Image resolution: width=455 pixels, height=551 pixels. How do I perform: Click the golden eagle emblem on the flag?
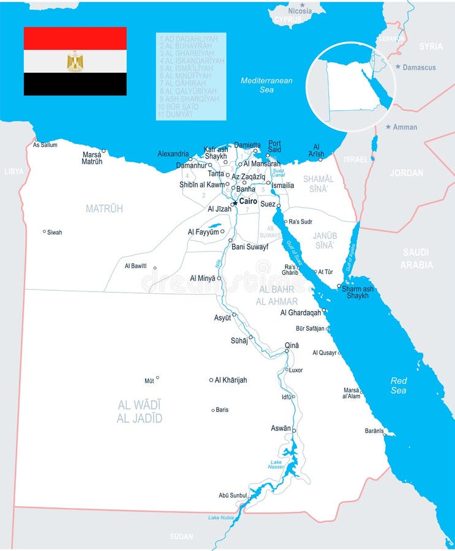click(75, 61)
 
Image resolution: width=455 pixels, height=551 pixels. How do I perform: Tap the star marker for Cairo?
click(234, 203)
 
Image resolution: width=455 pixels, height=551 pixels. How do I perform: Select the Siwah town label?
click(55, 232)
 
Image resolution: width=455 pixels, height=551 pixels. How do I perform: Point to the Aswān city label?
click(281, 428)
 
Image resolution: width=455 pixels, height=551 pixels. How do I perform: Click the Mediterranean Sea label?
click(266, 84)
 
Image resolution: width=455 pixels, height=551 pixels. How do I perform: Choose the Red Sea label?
click(399, 385)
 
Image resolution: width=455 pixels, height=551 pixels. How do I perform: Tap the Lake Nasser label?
click(276, 464)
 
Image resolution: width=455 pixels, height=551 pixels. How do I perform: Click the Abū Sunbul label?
click(232, 495)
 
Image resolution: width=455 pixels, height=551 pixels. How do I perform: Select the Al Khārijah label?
click(231, 380)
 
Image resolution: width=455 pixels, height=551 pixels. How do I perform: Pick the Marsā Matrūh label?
click(92, 158)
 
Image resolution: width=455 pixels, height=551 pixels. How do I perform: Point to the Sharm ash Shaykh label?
click(358, 292)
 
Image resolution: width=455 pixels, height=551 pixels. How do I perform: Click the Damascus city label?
click(419, 67)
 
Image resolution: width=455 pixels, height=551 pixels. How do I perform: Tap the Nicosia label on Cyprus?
click(300, 11)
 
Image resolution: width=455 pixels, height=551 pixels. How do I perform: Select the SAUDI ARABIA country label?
click(416, 258)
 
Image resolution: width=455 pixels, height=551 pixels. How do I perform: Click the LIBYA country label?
click(13, 171)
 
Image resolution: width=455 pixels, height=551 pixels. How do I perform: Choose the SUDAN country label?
click(181, 536)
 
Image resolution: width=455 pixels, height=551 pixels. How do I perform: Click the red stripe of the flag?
click(75, 38)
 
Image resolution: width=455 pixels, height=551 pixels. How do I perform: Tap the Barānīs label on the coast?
click(374, 430)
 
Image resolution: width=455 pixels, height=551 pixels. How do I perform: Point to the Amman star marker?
click(388, 127)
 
